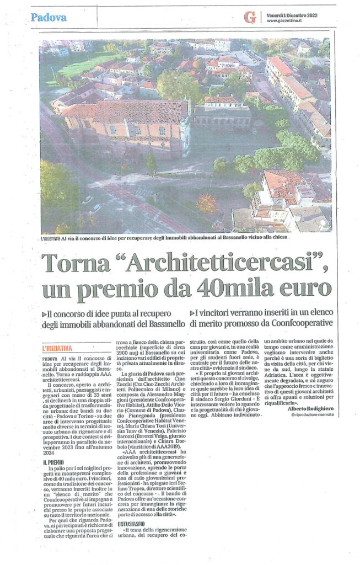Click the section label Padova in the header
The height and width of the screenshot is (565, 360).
tap(49, 17)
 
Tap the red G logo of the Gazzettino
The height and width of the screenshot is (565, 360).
tap(250, 18)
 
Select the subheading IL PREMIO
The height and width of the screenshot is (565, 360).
tap(53, 461)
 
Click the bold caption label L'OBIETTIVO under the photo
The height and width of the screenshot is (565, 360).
tap(53, 238)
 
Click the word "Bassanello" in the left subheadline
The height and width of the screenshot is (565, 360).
tap(162, 323)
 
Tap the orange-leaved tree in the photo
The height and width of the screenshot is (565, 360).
tap(207, 203)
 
